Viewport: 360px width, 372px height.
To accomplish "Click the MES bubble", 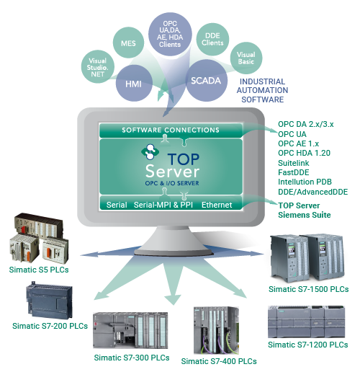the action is point(128,43).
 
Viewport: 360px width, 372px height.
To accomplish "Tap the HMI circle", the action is point(134,84).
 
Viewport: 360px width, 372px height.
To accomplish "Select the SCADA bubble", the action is point(206,81).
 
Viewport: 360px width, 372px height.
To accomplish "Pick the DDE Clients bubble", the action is point(212,39).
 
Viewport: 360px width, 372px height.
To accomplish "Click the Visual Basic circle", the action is point(246,58).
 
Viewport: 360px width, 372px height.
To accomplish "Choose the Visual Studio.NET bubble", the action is point(98,67).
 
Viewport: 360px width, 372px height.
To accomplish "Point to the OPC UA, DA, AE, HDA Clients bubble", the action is point(170,34).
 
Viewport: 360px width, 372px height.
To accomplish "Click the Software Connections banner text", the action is point(171,130).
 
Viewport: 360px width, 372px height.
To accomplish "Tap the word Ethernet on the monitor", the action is point(217,205).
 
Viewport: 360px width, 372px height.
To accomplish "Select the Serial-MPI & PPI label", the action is point(163,205).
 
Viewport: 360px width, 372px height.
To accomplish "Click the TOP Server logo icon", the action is point(150,151).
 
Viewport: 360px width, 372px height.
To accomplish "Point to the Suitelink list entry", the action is point(294,163).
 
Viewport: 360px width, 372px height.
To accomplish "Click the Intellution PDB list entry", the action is point(305,182).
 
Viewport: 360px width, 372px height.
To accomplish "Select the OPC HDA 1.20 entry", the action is point(304,153).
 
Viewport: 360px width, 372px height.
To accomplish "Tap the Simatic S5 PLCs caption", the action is point(39,270).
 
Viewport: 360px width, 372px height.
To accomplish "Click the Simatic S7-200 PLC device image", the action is point(50,300).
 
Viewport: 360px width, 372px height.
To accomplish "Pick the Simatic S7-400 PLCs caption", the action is point(219,361).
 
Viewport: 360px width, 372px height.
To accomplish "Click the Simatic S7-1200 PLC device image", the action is point(306,322).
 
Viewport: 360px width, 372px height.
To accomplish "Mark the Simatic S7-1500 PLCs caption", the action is point(309,289).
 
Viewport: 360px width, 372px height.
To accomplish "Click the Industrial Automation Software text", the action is point(262,90).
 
